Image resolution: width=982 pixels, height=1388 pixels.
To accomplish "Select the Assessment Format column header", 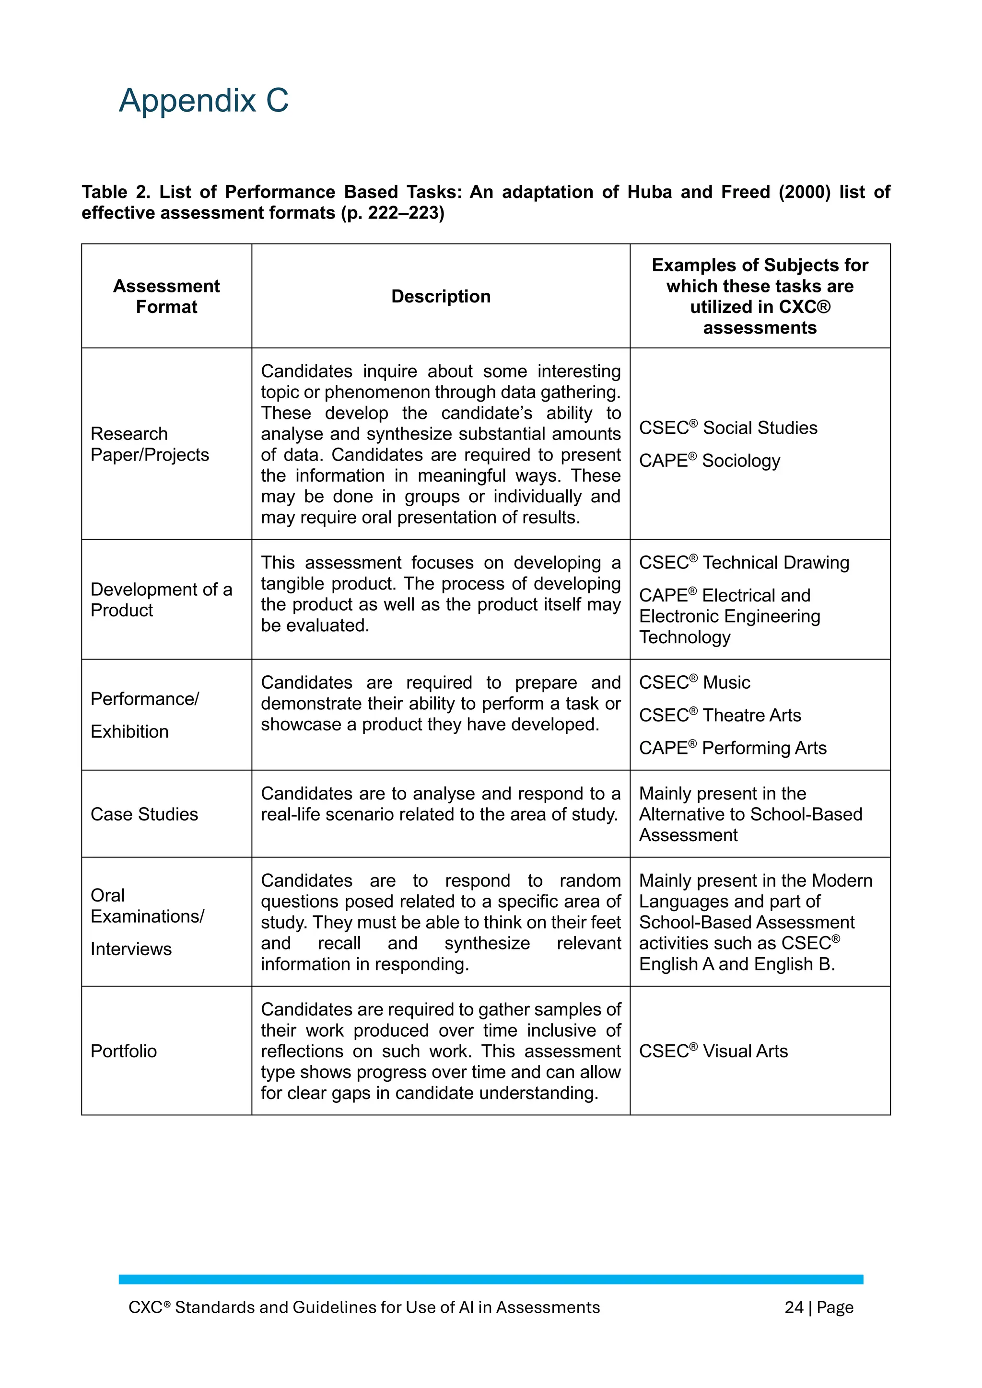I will pyautogui.click(x=166, y=296).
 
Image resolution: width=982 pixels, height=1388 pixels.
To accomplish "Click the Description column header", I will pyautogui.click(x=441, y=296).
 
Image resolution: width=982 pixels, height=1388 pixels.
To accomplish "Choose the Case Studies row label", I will pyautogui.click(x=144, y=814).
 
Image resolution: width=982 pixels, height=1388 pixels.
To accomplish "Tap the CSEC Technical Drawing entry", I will pyautogui.click(x=744, y=562).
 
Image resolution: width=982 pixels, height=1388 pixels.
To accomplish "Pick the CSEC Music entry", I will pyautogui.click(x=694, y=682).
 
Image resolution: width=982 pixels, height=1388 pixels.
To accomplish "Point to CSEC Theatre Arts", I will pyautogui.click(x=720, y=715).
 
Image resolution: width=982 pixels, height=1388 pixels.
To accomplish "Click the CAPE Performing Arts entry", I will pyautogui.click(x=732, y=748).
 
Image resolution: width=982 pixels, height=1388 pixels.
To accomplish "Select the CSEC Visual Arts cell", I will pyautogui.click(x=713, y=1051).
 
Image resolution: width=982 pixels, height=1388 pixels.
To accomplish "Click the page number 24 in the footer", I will pyautogui.click(x=794, y=1307).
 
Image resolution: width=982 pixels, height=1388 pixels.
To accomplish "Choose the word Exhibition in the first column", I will pyautogui.click(x=129, y=731).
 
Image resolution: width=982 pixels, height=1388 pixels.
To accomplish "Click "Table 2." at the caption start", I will pyautogui.click(x=116, y=192).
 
